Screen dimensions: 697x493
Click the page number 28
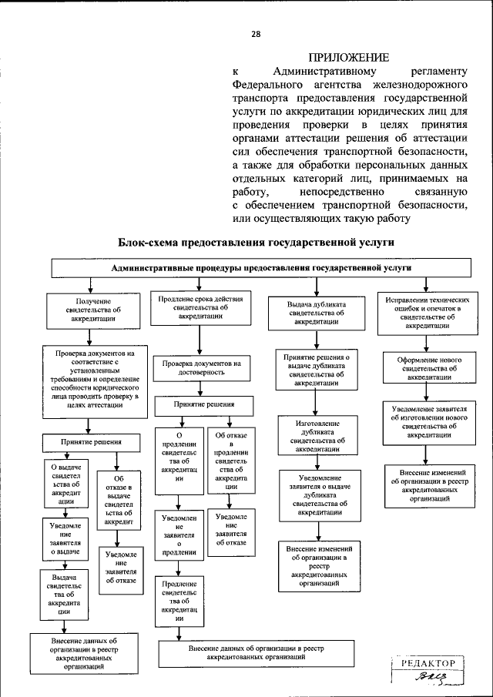pyautogui.click(x=255, y=33)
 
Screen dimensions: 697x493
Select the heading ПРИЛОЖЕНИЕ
pyautogui.click(x=347, y=58)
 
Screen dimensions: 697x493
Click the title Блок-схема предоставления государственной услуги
pyautogui.click(x=256, y=242)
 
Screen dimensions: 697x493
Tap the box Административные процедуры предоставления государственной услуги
pyautogui.click(x=261, y=268)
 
